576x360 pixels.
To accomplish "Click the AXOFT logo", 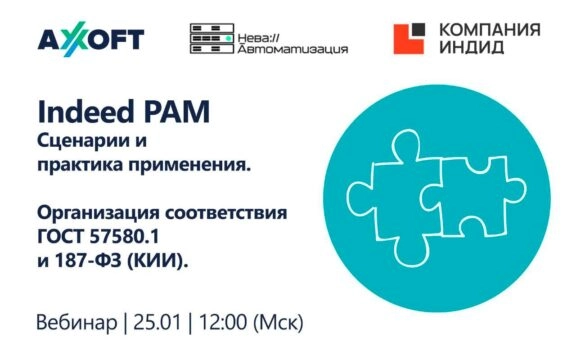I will [91, 39].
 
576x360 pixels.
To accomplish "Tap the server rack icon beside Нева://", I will [211, 39].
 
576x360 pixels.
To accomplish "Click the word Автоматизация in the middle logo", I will [290, 47].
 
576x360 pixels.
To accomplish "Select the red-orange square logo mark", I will [410, 39].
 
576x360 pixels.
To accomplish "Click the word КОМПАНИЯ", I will [486, 30].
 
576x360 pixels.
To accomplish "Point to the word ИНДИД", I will [465, 49].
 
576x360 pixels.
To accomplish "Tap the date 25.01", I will [159, 324].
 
